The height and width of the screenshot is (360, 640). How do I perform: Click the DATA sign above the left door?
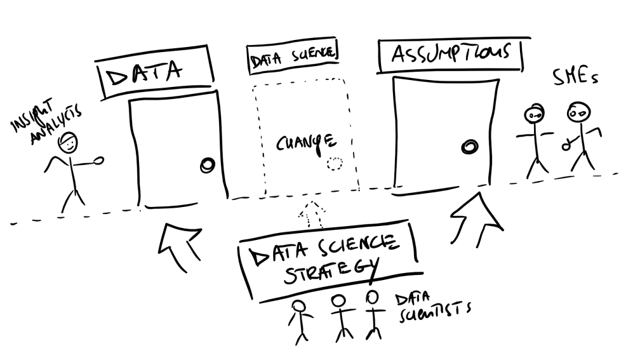(152, 74)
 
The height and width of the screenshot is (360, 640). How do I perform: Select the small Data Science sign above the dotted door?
(293, 60)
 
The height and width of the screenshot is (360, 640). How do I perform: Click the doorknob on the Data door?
(207, 166)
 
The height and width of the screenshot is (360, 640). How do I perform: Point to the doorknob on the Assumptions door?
(470, 146)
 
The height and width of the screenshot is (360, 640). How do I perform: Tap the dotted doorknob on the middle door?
(334, 164)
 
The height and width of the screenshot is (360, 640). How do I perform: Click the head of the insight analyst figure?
(67, 143)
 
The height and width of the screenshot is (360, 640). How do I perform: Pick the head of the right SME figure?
(578, 114)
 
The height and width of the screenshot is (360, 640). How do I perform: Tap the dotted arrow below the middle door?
(310, 215)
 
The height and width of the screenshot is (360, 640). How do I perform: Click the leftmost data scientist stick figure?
(298, 321)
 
